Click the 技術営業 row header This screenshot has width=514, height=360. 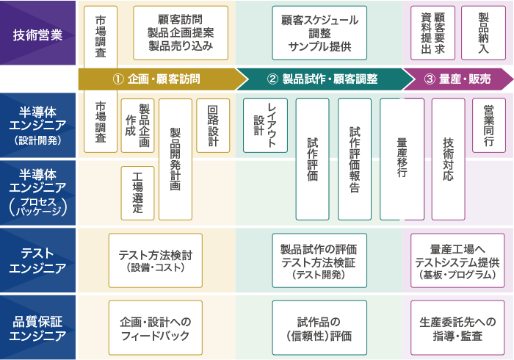37,33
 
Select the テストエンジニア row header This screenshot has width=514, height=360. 37,260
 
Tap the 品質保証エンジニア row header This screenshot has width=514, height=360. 37,328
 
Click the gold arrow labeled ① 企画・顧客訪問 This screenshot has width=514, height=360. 163,79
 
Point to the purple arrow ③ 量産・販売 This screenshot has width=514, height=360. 458,79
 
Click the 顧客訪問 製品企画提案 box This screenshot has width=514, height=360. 181,33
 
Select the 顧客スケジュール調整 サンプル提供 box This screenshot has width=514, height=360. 319,33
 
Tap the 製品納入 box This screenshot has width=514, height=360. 483,33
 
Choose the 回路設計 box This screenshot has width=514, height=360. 213,126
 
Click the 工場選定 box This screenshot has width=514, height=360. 138,193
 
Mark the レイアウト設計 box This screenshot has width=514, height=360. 266,126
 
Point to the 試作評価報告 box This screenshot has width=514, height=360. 355,159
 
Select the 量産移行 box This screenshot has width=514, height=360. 402,159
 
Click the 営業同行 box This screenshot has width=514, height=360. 489,126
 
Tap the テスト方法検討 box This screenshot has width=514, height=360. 156,260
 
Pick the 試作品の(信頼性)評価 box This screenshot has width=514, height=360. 319,328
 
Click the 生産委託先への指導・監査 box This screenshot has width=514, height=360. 457,328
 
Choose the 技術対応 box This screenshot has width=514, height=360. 449,159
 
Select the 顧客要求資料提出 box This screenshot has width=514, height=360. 433,33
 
